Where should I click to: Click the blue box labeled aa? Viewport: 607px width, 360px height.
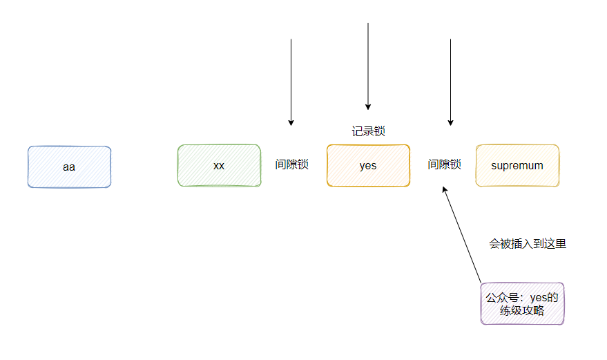pyautogui.click(x=69, y=167)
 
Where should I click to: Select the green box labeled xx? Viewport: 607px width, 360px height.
pyautogui.click(x=219, y=166)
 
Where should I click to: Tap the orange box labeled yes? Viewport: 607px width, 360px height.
pyautogui.click(x=368, y=166)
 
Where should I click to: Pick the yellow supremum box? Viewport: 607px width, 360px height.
pyautogui.click(x=517, y=166)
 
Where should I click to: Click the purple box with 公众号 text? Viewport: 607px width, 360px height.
pyautogui.click(x=522, y=304)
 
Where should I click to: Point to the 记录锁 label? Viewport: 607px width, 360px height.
pyautogui.click(x=368, y=131)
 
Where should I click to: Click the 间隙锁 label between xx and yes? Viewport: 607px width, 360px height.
pyautogui.click(x=291, y=165)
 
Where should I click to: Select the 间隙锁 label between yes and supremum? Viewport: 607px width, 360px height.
pyautogui.click(x=444, y=165)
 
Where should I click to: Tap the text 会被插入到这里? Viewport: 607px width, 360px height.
pyautogui.click(x=528, y=244)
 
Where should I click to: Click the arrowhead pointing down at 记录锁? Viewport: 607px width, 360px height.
pyautogui.click(x=368, y=106)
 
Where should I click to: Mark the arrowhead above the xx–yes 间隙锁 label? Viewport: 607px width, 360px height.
pyautogui.click(x=291, y=122)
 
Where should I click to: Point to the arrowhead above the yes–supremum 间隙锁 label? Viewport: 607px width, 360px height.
pyautogui.click(x=450, y=122)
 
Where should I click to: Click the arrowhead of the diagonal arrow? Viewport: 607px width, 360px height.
pyautogui.click(x=445, y=189)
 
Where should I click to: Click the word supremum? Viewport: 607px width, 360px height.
pyautogui.click(x=517, y=166)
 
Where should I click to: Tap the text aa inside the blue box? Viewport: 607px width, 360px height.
pyautogui.click(x=69, y=167)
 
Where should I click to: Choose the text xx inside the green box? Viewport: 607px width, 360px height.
pyautogui.click(x=219, y=167)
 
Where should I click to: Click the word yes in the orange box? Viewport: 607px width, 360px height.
pyautogui.click(x=368, y=167)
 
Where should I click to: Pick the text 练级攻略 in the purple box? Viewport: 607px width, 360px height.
pyautogui.click(x=522, y=312)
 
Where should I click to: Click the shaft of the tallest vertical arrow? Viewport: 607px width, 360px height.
pyautogui.click(x=368, y=62)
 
